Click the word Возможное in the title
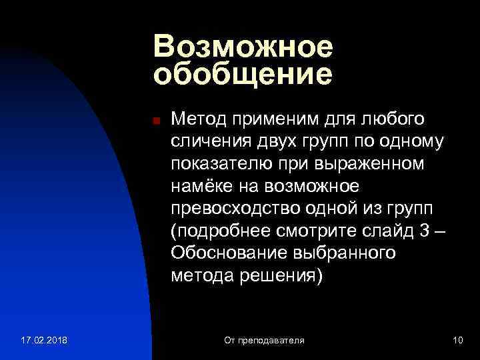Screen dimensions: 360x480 (x=243, y=47)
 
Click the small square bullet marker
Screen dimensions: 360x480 (x=155, y=121)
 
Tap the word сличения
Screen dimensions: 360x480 (x=211, y=141)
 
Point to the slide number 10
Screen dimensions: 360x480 (x=457, y=341)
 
